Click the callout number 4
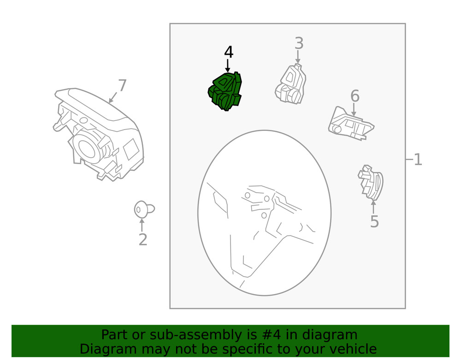pyautogui.click(x=229, y=52)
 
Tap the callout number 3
pyautogui.click(x=299, y=43)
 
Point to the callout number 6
pyautogui.click(x=355, y=96)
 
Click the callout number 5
pyautogui.click(x=374, y=222)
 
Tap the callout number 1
pyautogui.click(x=417, y=160)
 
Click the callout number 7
pyautogui.click(x=122, y=86)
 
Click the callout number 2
pyautogui.click(x=142, y=240)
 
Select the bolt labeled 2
pyautogui.click(x=142, y=210)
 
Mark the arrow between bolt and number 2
pyautogui.click(x=142, y=225)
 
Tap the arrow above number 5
pyautogui.click(x=373, y=207)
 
